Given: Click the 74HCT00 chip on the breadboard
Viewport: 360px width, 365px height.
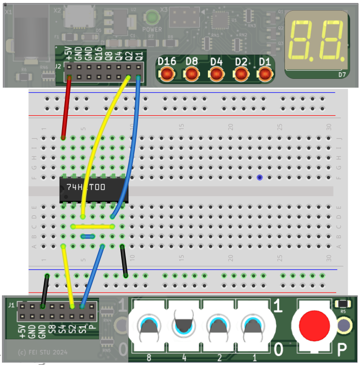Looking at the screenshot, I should point(94,189).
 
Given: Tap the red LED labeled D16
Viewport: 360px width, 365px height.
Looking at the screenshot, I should point(166,74).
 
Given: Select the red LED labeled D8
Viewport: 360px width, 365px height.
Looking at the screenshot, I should point(191,74).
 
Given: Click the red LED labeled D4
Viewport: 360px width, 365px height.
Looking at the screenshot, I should point(216,74).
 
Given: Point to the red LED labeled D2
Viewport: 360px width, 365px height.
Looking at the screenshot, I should point(241,74).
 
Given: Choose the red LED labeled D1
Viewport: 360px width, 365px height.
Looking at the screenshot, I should point(264,74).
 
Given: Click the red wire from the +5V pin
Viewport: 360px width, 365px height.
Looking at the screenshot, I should point(66,107).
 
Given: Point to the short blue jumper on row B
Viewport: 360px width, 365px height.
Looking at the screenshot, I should point(88,237).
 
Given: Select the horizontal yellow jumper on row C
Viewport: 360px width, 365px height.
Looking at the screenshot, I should point(93,227).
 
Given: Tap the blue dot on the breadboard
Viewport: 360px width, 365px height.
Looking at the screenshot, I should point(259,177).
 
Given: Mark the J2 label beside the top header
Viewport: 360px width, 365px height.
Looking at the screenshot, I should point(58,66).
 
